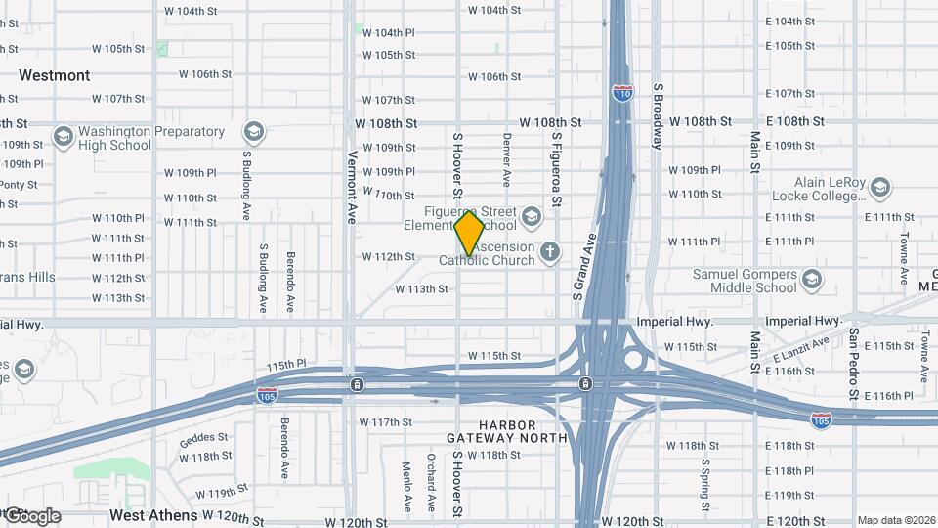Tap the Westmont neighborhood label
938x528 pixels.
[x=55, y=75]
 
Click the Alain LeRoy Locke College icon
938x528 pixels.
[x=879, y=187]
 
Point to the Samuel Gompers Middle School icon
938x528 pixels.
[x=811, y=282]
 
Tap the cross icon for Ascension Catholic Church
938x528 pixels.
[x=550, y=252]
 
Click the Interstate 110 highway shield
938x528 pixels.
[x=621, y=93]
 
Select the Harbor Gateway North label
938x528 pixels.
[x=507, y=431]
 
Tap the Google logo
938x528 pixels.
[x=31, y=516]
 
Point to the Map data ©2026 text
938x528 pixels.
[x=895, y=520]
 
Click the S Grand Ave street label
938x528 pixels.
[x=584, y=267]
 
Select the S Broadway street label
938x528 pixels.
[x=658, y=114]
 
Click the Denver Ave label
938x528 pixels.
[x=507, y=160]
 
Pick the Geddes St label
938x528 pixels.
[x=203, y=437]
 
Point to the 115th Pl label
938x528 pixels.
[x=285, y=365]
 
